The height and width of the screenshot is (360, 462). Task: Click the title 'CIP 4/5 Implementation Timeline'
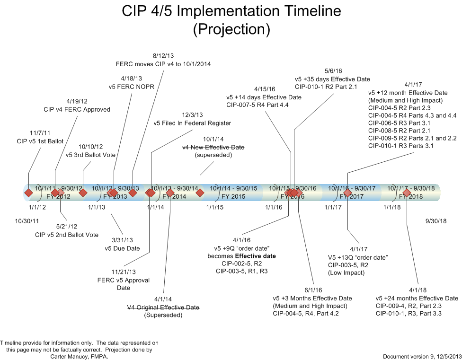(231, 11)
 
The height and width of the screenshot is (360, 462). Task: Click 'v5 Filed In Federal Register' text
(192, 123)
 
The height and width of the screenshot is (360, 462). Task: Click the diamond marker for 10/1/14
(200, 193)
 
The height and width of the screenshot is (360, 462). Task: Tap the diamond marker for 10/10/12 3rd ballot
(83, 193)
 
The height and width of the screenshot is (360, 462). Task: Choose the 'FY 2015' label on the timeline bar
(233, 196)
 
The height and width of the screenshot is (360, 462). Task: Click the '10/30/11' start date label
(27, 221)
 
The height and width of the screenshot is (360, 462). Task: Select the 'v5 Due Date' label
(122, 248)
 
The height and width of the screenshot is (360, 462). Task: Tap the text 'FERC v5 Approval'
(124, 280)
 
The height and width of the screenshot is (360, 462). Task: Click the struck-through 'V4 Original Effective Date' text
(163, 307)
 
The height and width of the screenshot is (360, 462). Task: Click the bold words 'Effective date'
(255, 256)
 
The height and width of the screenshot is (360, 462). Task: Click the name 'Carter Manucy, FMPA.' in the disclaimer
(79, 357)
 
